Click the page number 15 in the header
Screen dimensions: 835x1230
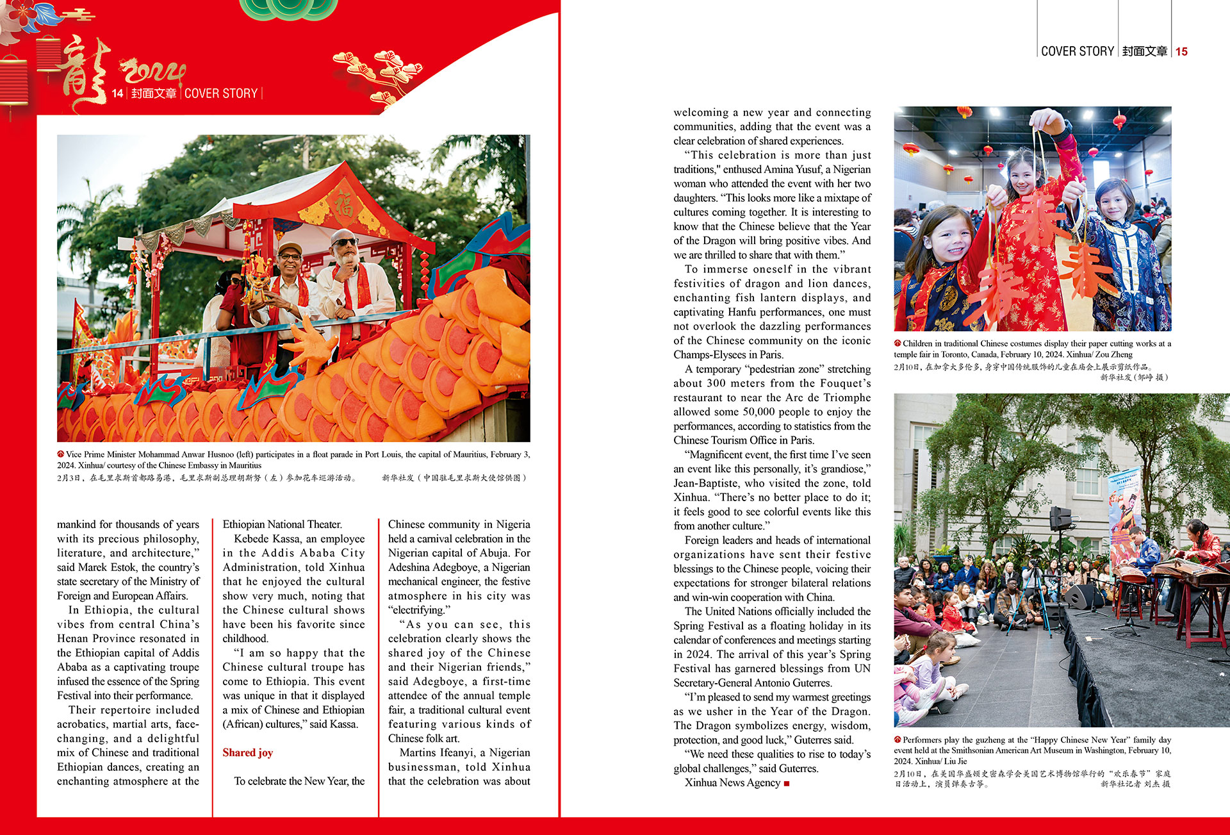click(1181, 52)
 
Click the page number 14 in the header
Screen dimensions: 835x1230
click(117, 94)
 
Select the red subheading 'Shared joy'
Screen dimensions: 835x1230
click(247, 752)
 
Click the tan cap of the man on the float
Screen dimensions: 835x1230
click(290, 248)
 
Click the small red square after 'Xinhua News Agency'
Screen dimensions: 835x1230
click(787, 783)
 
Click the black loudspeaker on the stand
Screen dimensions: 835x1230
click(1060, 518)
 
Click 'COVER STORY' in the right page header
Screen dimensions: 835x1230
click(1078, 52)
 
